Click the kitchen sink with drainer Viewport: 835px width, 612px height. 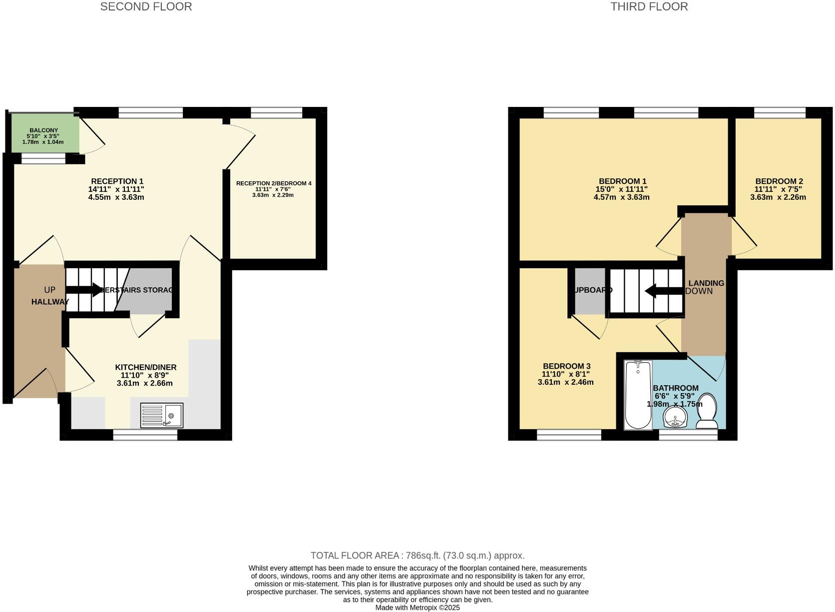pos(161,415)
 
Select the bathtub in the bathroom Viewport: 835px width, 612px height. pos(638,395)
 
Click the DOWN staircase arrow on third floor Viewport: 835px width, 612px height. pos(664,290)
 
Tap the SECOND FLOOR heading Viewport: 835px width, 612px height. pos(146,6)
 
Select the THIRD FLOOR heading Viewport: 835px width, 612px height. pos(649,6)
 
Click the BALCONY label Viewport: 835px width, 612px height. pos(43,130)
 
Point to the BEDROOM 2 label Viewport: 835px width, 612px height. pos(779,181)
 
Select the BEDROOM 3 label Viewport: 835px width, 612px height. pos(566,366)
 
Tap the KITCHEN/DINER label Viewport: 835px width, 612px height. pos(145,367)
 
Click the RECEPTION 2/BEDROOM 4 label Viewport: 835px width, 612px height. pos(273,183)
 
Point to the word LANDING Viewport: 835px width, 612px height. pos(706,283)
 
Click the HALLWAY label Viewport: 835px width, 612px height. pos(50,302)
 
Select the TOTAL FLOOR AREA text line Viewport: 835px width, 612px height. pos(417,556)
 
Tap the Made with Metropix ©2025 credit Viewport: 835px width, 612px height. pos(417,608)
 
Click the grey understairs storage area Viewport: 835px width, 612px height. pos(147,300)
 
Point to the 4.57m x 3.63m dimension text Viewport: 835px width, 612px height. pos(621,197)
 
